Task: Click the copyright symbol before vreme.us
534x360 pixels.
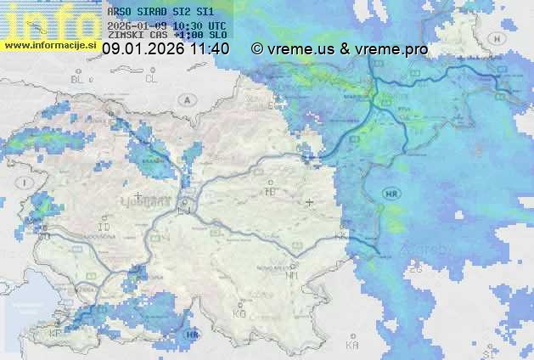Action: (x=257, y=49)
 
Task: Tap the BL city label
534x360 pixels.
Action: (x=77, y=79)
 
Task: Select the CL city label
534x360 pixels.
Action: (x=152, y=79)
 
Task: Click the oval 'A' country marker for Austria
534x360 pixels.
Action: (x=186, y=99)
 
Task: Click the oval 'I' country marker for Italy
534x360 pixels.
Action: (x=26, y=183)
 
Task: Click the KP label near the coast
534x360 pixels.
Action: (x=56, y=334)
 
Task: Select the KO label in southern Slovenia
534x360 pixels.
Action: (x=239, y=313)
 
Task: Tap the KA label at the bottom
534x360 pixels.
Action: (x=352, y=346)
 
